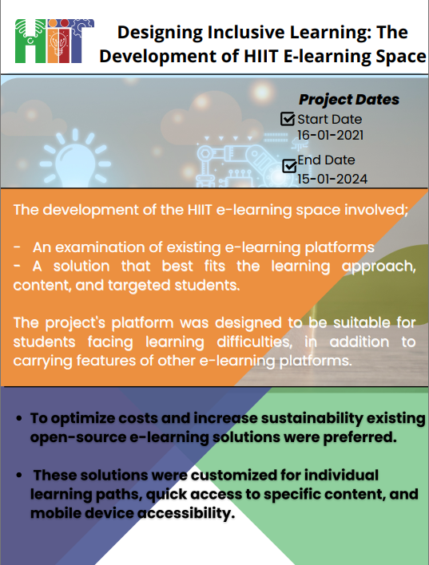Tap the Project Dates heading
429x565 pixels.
point(348,100)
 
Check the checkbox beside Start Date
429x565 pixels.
point(288,119)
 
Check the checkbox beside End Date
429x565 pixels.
point(290,166)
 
